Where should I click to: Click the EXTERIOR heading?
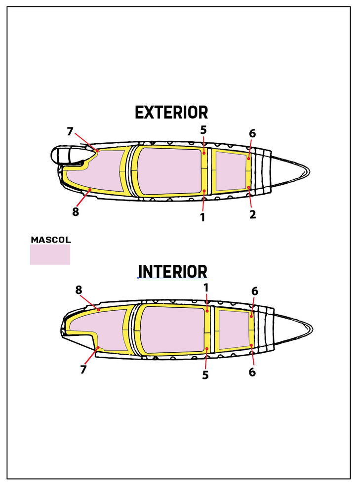pyautogui.click(x=171, y=113)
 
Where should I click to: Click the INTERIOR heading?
pyautogui.click(x=173, y=271)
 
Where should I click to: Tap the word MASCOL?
pyautogui.click(x=51, y=240)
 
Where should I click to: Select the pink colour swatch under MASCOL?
pyautogui.click(x=50, y=254)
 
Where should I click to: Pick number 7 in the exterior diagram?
pyautogui.click(x=70, y=131)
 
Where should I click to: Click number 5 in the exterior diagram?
pyautogui.click(x=203, y=130)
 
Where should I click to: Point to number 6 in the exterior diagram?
pyautogui.click(x=252, y=133)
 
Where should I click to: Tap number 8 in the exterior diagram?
pyautogui.click(x=75, y=212)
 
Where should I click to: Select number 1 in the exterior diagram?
pyautogui.click(x=202, y=217)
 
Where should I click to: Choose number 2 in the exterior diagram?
pyautogui.click(x=252, y=214)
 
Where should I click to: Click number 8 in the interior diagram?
pyautogui.click(x=79, y=290)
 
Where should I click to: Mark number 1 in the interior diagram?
pyautogui.click(x=206, y=288)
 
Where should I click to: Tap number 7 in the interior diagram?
pyautogui.click(x=83, y=369)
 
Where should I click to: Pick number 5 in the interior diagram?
pyautogui.click(x=205, y=375)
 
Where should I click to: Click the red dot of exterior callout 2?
pyautogui.click(x=248, y=187)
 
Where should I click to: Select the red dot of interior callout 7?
pyautogui.click(x=98, y=347)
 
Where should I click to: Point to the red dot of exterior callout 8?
pyautogui.click(x=90, y=190)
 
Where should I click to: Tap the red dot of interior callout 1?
pyautogui.click(x=207, y=311)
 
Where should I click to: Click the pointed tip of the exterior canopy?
pyautogui.click(x=310, y=172)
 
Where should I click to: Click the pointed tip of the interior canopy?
pyautogui.click(x=313, y=329)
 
